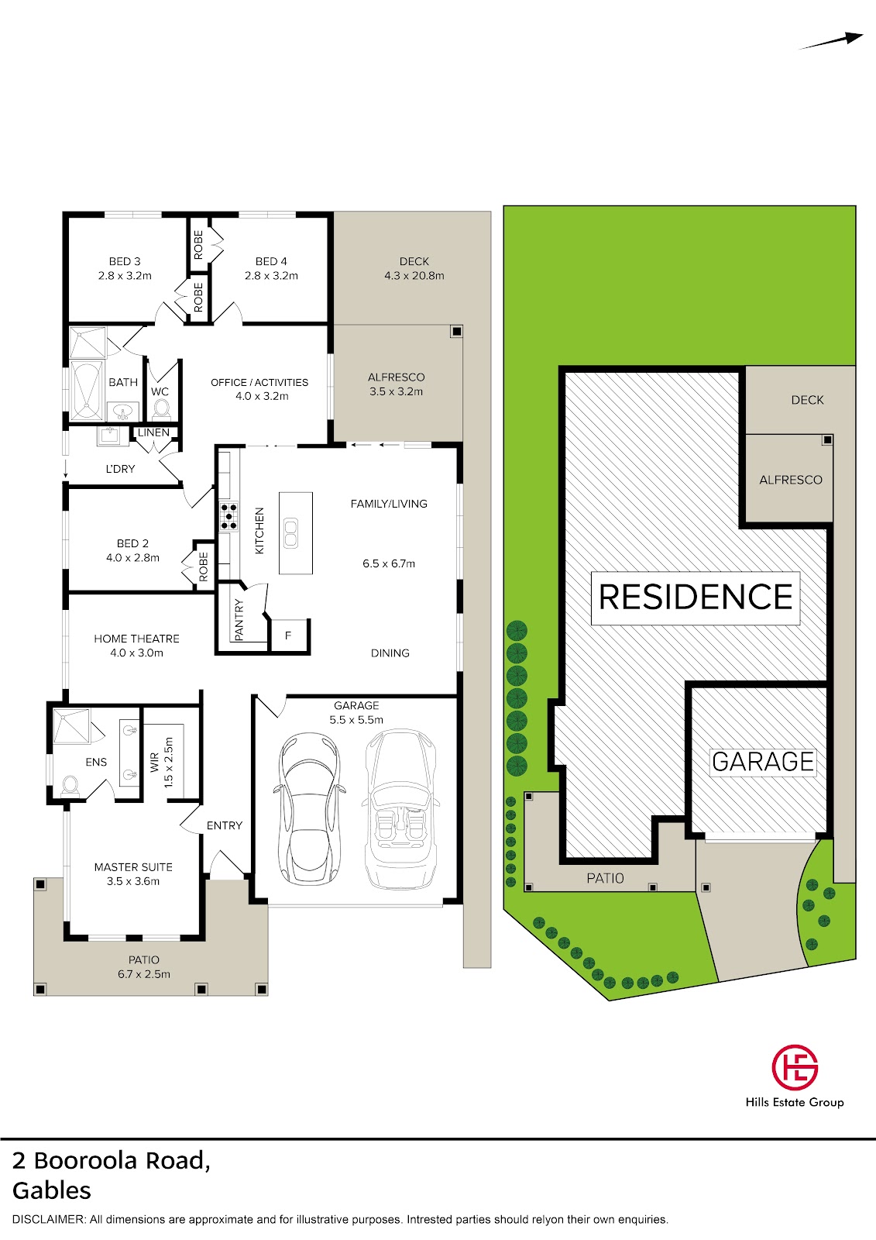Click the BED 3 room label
point(125,261)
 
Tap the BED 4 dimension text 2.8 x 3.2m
point(271,276)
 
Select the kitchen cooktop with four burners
point(228,516)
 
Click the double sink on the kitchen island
point(290,532)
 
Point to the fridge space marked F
point(288,635)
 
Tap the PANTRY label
point(239,619)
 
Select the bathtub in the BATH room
point(87,391)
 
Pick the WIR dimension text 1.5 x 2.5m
point(169,763)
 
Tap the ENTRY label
point(225,825)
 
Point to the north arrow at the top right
point(830,42)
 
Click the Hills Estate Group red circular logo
point(795,1068)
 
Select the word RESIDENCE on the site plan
point(696,598)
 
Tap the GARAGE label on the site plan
point(763,762)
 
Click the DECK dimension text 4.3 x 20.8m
point(414,276)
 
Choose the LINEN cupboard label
point(153,432)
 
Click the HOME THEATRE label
point(136,639)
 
